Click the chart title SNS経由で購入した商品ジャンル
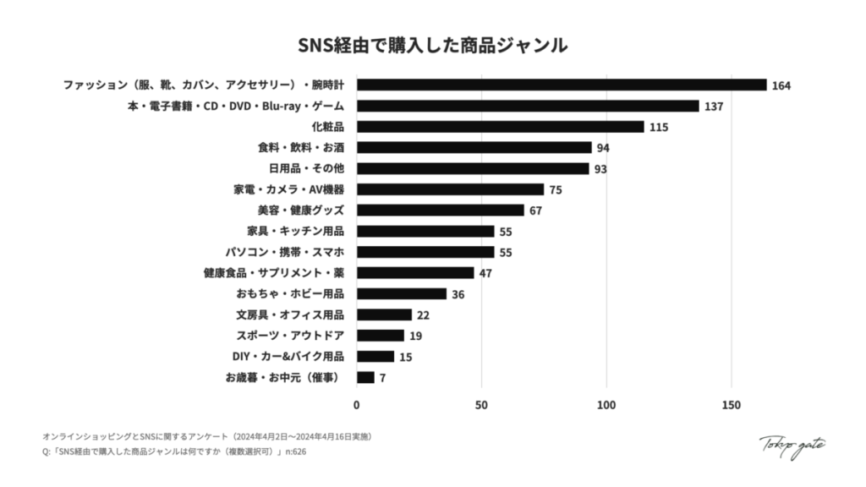point(432,45)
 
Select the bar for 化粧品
point(500,127)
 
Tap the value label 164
point(781,85)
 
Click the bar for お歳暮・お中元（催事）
point(365,377)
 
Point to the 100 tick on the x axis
point(606,405)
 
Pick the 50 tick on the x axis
point(481,405)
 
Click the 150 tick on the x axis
point(731,405)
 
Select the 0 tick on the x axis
point(357,405)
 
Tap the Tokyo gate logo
point(792,445)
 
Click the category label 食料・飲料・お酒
point(301,147)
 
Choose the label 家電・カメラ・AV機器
point(288,189)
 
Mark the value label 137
point(714,107)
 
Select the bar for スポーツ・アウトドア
point(381,336)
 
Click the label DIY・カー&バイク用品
point(288,356)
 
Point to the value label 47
point(485,273)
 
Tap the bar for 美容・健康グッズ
point(440,211)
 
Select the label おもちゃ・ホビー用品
point(290,293)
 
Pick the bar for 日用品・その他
point(473,168)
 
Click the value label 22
point(424,315)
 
